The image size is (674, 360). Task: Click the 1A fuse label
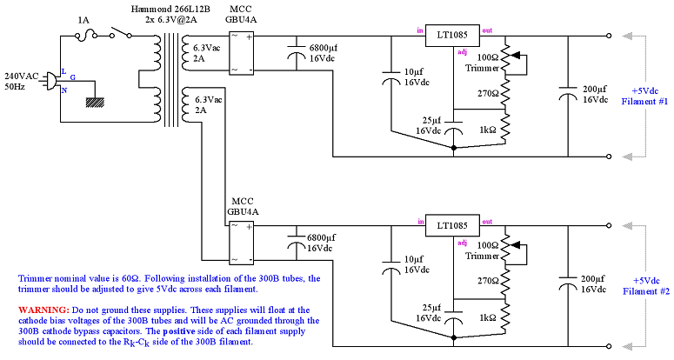click(x=83, y=19)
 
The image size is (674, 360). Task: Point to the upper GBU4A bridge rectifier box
click(x=240, y=51)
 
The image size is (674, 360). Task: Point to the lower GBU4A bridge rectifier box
click(x=240, y=242)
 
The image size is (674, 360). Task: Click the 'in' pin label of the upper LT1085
click(x=420, y=30)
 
